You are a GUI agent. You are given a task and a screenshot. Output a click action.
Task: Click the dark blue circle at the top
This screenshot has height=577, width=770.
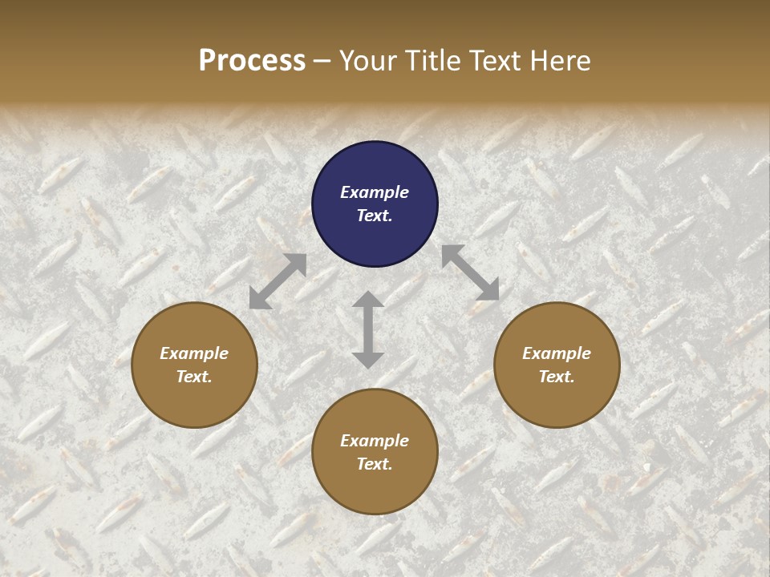tap(375, 204)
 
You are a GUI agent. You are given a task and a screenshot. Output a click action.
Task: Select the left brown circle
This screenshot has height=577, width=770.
tap(194, 365)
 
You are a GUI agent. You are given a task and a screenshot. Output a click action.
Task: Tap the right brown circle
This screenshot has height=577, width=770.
tap(557, 365)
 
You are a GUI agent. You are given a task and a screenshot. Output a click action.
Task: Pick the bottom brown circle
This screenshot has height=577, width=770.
tap(375, 452)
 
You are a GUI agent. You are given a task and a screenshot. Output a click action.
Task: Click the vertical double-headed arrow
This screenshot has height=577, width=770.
tap(368, 329)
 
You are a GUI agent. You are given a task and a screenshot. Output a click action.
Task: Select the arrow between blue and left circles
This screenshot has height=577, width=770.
tap(278, 281)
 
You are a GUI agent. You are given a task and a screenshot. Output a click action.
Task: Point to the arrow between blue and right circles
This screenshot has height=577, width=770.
tap(470, 272)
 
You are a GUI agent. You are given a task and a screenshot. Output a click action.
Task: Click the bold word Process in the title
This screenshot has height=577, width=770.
tap(252, 61)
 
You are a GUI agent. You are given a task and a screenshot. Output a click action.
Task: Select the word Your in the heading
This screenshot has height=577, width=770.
tap(368, 61)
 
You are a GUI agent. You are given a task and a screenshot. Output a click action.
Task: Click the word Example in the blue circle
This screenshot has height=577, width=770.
tap(375, 192)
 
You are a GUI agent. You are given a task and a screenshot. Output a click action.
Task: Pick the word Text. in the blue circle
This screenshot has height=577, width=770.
tap(375, 216)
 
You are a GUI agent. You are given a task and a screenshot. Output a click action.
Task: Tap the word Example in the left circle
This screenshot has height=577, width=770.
tap(194, 353)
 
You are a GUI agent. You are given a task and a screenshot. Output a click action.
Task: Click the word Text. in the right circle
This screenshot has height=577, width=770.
tap(557, 377)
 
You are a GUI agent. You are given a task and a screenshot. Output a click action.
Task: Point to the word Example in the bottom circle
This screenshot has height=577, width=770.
tap(375, 441)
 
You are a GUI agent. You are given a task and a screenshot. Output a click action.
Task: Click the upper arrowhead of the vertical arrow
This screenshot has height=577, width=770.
tap(368, 300)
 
